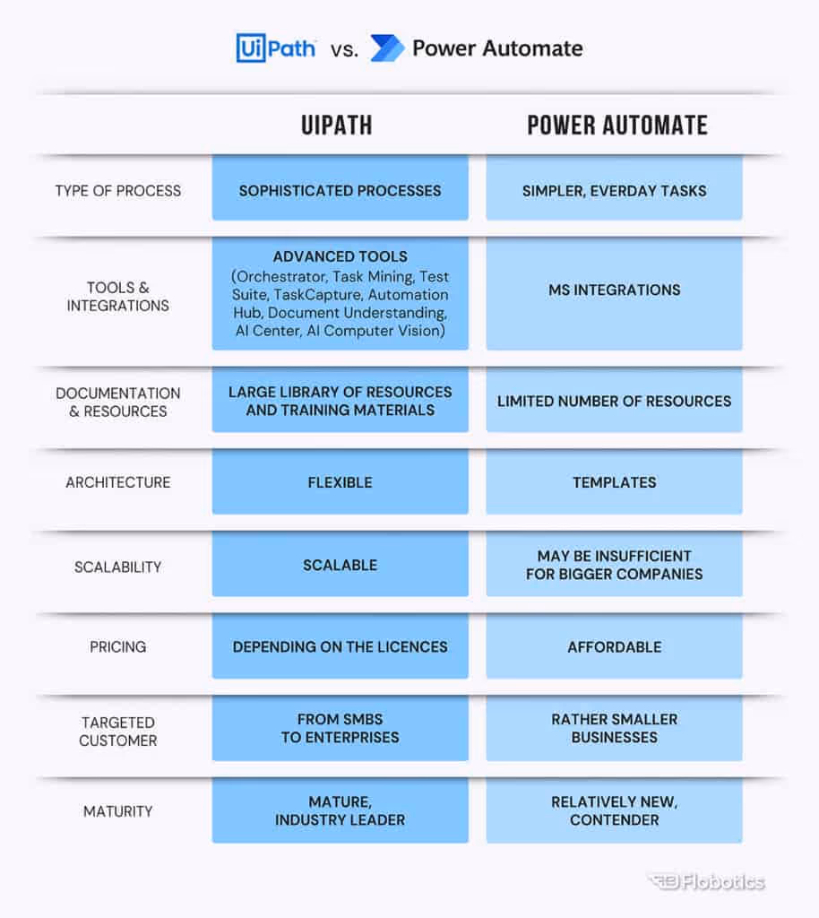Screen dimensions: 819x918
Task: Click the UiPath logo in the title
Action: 275,48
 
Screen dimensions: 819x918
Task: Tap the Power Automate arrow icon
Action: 387,48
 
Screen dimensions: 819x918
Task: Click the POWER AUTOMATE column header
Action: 616,125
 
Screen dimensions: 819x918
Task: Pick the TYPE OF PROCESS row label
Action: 117,190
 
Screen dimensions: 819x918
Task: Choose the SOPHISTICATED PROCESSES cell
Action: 340,190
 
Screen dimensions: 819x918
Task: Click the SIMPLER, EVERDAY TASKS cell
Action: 614,190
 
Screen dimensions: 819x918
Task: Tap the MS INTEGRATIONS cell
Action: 614,290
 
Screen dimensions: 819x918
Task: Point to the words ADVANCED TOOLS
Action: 340,256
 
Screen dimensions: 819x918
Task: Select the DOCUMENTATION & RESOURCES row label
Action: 117,402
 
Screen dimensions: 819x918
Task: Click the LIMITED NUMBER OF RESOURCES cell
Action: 614,401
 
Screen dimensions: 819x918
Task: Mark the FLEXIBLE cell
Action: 340,482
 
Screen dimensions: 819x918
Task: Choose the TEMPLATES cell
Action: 614,482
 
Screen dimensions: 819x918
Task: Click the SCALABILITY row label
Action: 117,567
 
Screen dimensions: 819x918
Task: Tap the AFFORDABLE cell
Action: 614,646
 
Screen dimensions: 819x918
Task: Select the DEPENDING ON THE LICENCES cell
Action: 340,646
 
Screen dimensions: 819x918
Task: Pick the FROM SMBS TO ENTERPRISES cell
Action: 340,728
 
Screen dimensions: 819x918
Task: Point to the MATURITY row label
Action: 117,811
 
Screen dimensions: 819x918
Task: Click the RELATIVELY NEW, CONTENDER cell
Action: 614,810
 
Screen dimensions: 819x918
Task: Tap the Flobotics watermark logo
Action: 707,882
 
